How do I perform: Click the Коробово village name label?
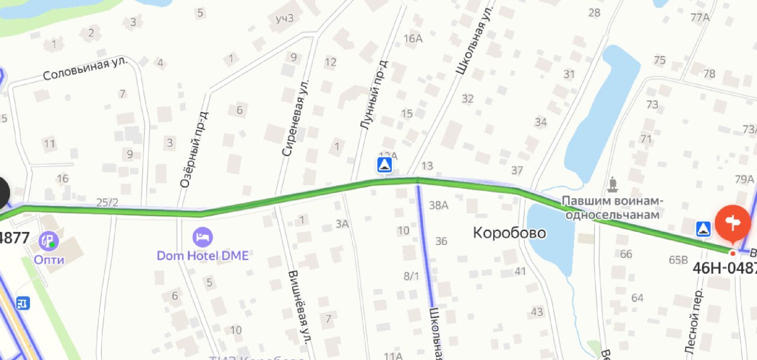point(509,233)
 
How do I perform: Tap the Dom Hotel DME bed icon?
point(202,237)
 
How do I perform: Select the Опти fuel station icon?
point(49,241)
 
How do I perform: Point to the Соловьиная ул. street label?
point(85,69)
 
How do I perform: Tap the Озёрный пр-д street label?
point(194,150)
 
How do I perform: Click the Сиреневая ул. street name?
point(295,118)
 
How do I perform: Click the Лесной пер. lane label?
point(694,320)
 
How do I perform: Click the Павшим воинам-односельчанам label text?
point(612,208)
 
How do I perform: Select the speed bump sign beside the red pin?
point(703,229)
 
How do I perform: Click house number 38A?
point(438,205)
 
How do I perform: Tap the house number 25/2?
point(107,202)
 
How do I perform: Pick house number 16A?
point(413,39)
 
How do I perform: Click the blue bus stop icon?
point(23,303)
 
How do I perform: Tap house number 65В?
point(678,260)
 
